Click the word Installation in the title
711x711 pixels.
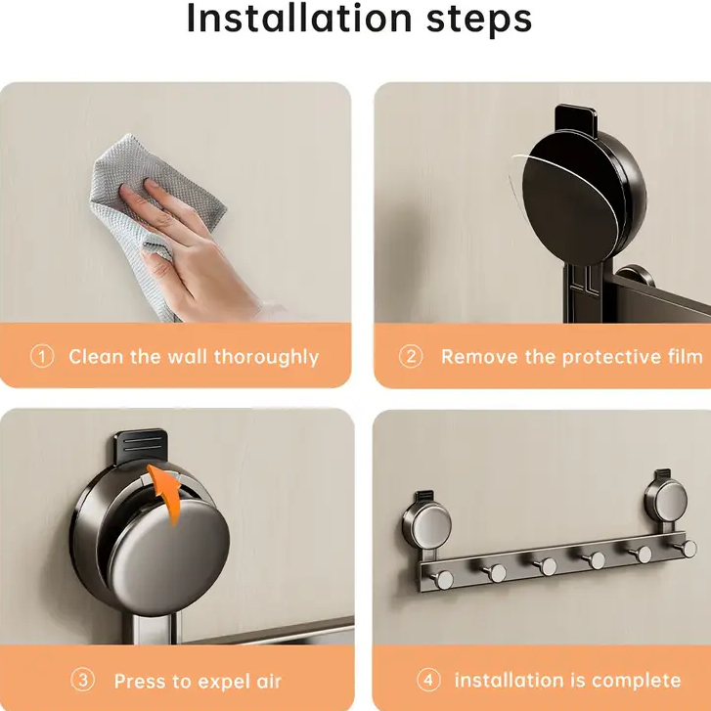coord(299,19)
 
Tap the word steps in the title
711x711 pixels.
coord(479,21)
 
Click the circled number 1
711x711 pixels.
coord(42,356)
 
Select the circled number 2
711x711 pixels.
coord(411,356)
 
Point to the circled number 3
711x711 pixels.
coord(82,680)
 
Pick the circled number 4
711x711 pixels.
coord(428,680)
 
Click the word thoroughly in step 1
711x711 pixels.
coord(267,358)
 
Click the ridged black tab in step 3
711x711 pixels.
coord(141,446)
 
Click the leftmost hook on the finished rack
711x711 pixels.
coord(441,580)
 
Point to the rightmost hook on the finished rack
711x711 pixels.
coord(687,549)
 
